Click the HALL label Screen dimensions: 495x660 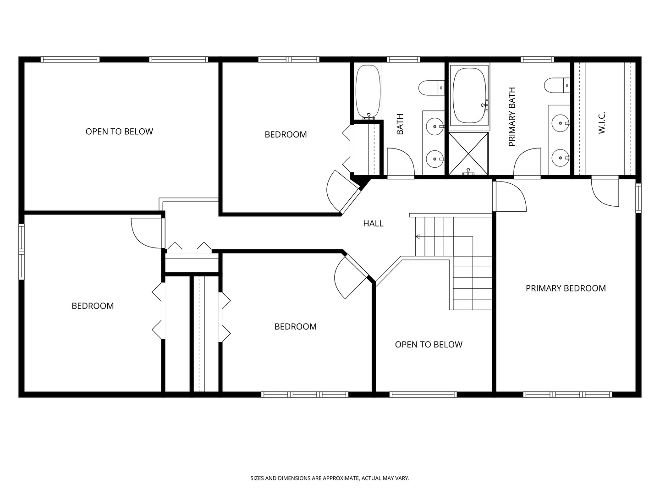point(373,224)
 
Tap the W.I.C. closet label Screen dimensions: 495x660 point(602,123)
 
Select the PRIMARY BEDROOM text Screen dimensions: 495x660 point(566,288)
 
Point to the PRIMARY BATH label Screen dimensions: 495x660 point(512,117)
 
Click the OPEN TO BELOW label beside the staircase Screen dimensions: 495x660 point(429,345)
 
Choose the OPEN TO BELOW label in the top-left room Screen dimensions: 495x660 point(119,132)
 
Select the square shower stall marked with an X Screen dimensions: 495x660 point(468,154)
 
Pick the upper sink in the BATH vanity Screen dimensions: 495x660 point(433,125)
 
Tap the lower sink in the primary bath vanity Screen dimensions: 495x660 point(560,158)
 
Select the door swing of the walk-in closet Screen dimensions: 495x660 point(605,191)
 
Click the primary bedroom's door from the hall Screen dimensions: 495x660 point(510,196)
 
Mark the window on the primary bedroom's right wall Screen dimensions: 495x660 point(638,198)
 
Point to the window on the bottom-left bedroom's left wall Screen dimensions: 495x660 point(21,251)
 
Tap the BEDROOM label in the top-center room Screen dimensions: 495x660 point(286,135)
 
